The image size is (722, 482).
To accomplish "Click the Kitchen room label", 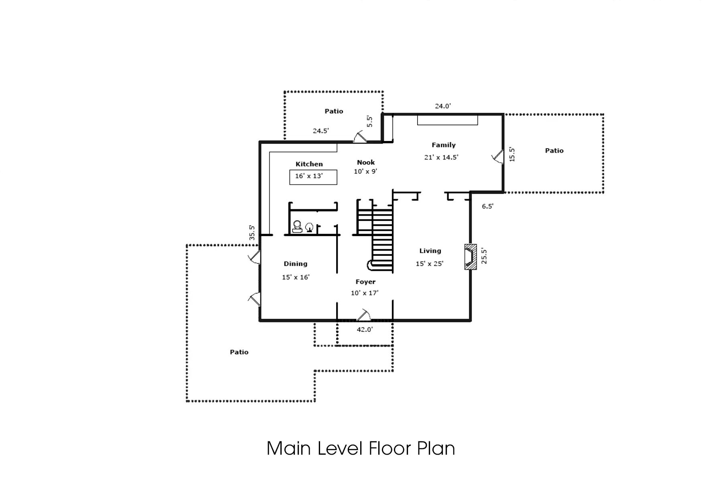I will pyautogui.click(x=309, y=164).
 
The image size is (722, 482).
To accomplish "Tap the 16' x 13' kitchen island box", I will pyautogui.click(x=313, y=177).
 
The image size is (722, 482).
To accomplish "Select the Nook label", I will pyautogui.click(x=366, y=162).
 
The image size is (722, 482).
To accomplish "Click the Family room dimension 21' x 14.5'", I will pyautogui.click(x=441, y=157).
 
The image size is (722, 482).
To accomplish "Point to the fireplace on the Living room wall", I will pyautogui.click(x=470, y=257).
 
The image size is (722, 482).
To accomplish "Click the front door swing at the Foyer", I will pyautogui.click(x=363, y=315).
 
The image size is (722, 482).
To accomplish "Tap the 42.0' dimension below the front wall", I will pyautogui.click(x=365, y=329).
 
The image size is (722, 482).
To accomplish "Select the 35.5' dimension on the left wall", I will pyautogui.click(x=252, y=233).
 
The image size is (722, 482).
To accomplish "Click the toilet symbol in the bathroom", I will pyautogui.click(x=297, y=227).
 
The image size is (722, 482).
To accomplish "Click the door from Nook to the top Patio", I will pyautogui.click(x=360, y=137).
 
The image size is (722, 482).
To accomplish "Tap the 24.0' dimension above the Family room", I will pyautogui.click(x=443, y=106).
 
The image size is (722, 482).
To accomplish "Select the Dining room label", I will pyautogui.click(x=295, y=264).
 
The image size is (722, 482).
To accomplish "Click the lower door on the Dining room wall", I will pyautogui.click(x=254, y=300).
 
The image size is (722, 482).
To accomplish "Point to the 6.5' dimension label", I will pyautogui.click(x=487, y=206).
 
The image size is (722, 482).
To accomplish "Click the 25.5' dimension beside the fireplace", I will pyautogui.click(x=484, y=256).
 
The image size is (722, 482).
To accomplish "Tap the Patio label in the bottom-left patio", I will pyautogui.click(x=239, y=352).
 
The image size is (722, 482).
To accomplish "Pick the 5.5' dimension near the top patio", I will pyautogui.click(x=369, y=122).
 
